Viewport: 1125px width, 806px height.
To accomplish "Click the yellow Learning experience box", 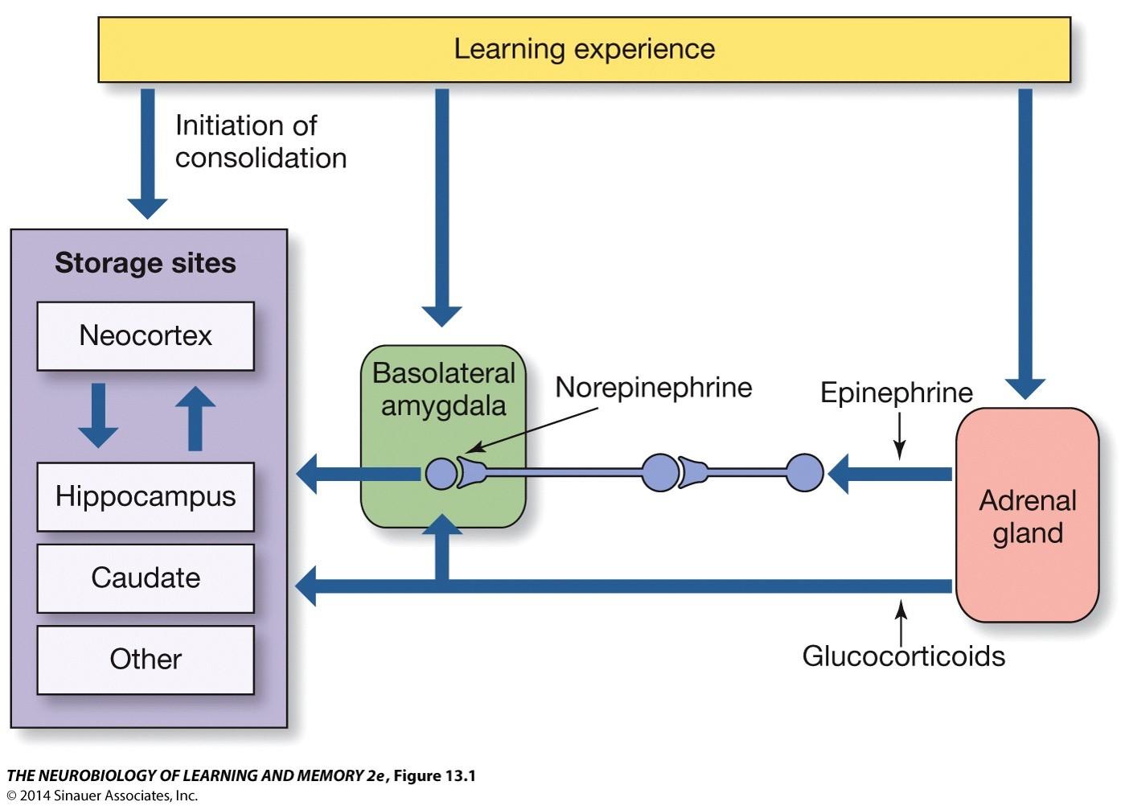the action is pyautogui.click(x=584, y=49).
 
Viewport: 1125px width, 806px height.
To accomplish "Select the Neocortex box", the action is pyautogui.click(x=146, y=335).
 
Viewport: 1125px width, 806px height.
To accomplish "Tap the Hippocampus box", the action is pyautogui.click(x=146, y=496).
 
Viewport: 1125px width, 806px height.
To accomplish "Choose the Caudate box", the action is pyautogui.click(x=146, y=578).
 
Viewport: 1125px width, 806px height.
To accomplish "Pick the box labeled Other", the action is pyautogui.click(x=146, y=660).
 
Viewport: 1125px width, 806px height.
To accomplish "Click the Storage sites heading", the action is pyautogui.click(x=145, y=263).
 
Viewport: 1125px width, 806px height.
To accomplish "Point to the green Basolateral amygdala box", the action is pyautogui.click(x=443, y=436).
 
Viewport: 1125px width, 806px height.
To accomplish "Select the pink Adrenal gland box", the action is pyautogui.click(x=1027, y=515).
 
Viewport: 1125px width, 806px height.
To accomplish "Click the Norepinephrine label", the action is pyautogui.click(x=654, y=388).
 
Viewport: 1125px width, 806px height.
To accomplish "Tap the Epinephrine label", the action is pyautogui.click(x=897, y=393).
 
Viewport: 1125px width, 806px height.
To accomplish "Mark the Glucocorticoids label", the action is pyautogui.click(x=904, y=656).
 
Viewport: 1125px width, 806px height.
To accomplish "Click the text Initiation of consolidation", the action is pyautogui.click(x=261, y=142).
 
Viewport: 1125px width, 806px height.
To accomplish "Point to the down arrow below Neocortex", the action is pyautogui.click(x=98, y=416).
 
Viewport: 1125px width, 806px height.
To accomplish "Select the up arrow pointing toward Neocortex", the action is pyautogui.click(x=195, y=418).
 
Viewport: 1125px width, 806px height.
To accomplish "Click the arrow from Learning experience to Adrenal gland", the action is pyautogui.click(x=1025, y=245).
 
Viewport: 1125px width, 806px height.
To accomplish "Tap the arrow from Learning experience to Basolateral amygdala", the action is pyautogui.click(x=441, y=208).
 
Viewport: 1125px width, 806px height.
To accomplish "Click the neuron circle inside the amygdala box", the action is pyautogui.click(x=441, y=473).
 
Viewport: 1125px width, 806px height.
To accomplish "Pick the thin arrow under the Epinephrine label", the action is pyautogui.click(x=899, y=436).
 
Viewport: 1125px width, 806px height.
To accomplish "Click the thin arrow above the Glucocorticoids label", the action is pyautogui.click(x=901, y=623).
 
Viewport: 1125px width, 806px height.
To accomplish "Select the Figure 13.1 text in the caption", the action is pyautogui.click(x=434, y=775).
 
